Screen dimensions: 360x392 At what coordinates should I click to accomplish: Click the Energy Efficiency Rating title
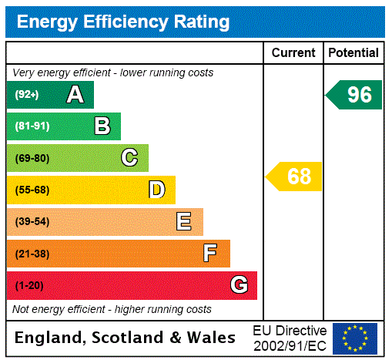(x=123, y=22)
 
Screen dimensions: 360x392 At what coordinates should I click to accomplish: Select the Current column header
(x=293, y=53)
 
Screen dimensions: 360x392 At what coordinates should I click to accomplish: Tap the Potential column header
(x=353, y=53)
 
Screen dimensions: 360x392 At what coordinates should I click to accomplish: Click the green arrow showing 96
(x=355, y=95)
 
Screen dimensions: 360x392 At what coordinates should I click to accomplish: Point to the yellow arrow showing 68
(x=296, y=177)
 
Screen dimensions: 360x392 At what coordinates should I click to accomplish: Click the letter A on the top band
(x=75, y=95)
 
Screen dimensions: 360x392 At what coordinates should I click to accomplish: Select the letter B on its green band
(x=102, y=126)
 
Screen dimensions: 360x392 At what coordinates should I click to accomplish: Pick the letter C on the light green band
(x=129, y=158)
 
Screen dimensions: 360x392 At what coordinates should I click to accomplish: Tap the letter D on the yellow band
(x=156, y=190)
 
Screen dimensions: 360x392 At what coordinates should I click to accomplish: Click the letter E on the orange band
(x=184, y=222)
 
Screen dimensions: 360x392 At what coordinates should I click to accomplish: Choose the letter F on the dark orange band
(x=210, y=254)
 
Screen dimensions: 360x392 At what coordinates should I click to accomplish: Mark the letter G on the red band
(x=239, y=285)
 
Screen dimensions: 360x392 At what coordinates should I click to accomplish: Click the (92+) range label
(x=27, y=95)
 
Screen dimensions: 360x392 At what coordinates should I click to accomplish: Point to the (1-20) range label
(x=29, y=286)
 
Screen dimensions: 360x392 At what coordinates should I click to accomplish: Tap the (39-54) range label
(x=32, y=222)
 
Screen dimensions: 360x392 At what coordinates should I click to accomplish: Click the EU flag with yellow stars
(x=355, y=338)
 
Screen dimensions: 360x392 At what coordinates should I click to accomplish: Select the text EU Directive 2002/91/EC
(x=290, y=338)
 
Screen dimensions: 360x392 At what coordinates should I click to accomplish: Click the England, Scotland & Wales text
(x=126, y=338)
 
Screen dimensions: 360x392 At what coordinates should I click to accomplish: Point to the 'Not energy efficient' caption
(x=112, y=309)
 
